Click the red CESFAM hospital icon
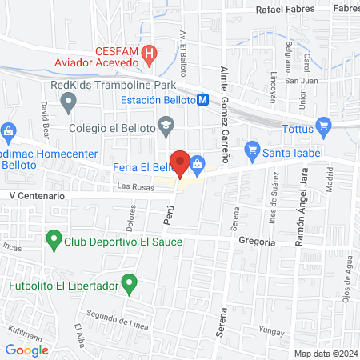point(149,54)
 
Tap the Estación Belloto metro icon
point(203,100)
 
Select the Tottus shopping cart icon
point(323,125)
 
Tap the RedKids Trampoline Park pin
point(70,102)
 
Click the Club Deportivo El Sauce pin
point(54,238)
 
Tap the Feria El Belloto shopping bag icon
point(197,163)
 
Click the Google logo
point(27,350)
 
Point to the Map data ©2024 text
point(324,353)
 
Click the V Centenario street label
point(35,195)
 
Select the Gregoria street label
point(257,242)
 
